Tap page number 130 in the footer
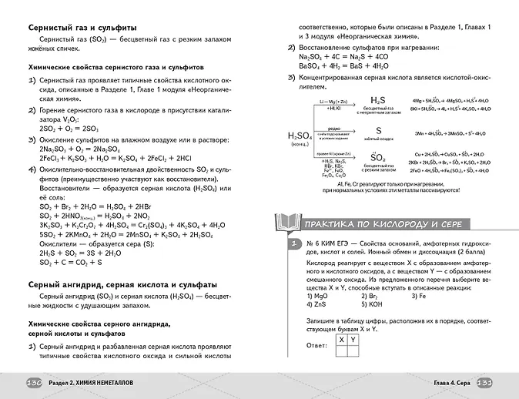click(x=35, y=383)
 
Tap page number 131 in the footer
click(x=484, y=383)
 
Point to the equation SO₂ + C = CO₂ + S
click(x=70, y=262)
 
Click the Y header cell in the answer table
click(x=353, y=339)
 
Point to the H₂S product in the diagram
click(x=378, y=101)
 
